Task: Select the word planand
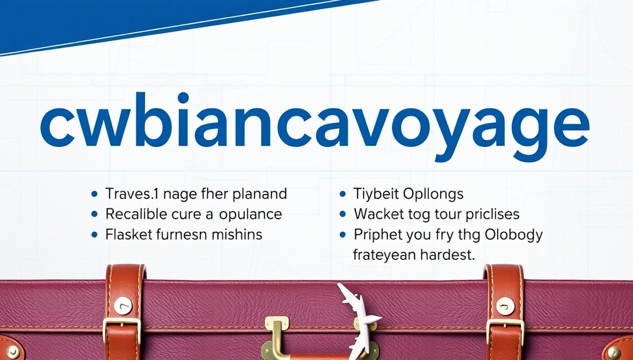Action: click(261, 193)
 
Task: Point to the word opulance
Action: click(251, 214)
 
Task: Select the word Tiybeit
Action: click(372, 193)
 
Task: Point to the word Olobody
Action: click(514, 235)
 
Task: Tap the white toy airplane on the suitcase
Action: click(357, 319)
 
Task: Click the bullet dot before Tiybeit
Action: click(343, 193)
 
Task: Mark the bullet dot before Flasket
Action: click(95, 235)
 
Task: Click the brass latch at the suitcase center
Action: click(277, 335)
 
